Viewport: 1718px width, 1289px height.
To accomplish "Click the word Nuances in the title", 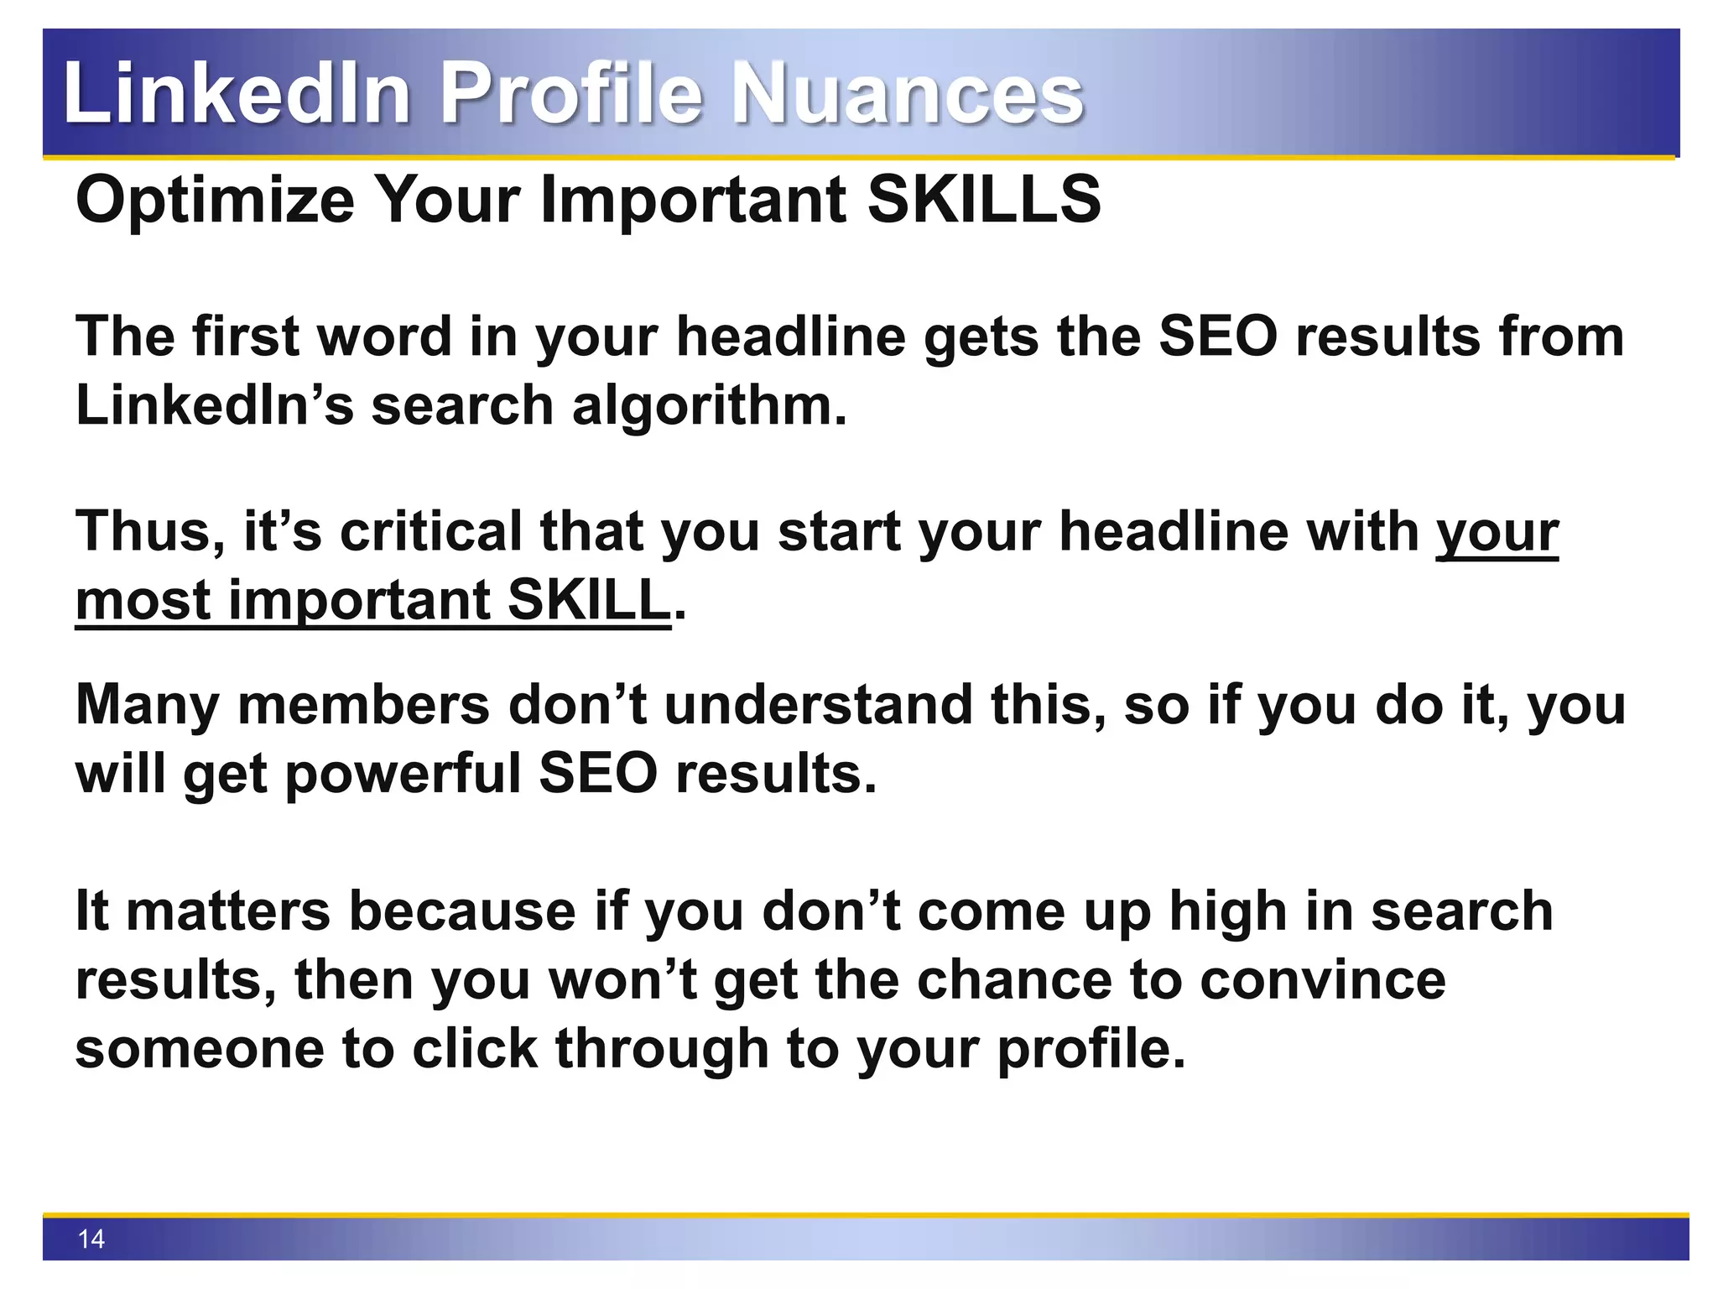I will pos(908,94).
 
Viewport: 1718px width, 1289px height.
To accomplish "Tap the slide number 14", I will pos(91,1239).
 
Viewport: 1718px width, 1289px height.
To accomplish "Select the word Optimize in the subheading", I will pos(215,201).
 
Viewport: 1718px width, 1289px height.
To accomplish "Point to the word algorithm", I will pos(709,406).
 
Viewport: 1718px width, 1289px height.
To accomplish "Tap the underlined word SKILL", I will pos(589,601).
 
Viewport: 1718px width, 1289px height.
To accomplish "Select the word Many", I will pos(148,705).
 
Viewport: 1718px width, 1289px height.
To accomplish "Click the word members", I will pos(364,705).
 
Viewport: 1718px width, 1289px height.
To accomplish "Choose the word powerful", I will pos(403,774).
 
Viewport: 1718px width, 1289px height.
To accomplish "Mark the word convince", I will pos(1322,980).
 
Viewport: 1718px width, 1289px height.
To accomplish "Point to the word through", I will pos(661,1049).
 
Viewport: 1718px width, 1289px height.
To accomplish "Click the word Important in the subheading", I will pos(693,201).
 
